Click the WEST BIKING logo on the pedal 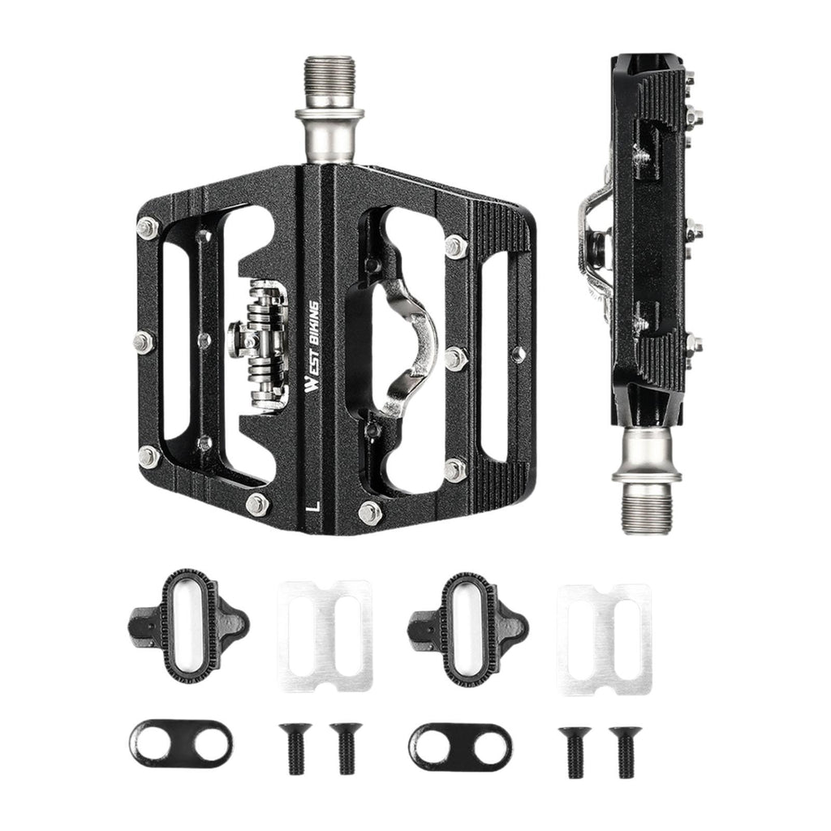313,347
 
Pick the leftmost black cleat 188,626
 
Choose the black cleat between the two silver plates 468,629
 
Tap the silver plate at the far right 604,639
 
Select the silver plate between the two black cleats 325,636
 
